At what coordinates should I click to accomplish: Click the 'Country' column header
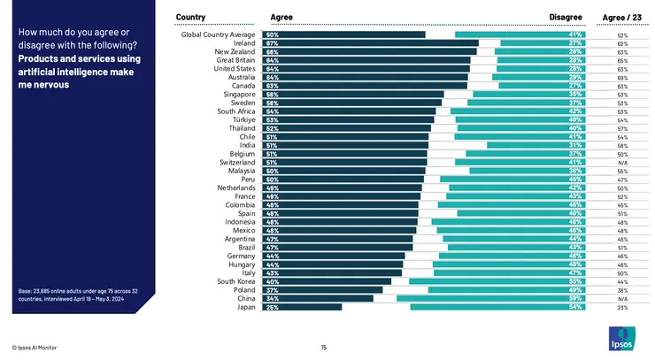pos(191,17)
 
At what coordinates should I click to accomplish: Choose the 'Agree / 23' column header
pos(621,17)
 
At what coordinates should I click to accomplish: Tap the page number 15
pos(324,348)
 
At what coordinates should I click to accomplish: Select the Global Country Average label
pos(219,34)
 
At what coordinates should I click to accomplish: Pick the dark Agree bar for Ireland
pos(371,43)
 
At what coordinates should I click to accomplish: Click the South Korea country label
pos(236,281)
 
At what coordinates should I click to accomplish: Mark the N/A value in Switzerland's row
pos(622,163)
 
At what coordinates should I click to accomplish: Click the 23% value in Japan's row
pos(622,307)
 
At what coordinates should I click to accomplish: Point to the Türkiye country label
pos(243,119)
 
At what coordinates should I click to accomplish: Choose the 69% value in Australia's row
pos(622,77)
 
